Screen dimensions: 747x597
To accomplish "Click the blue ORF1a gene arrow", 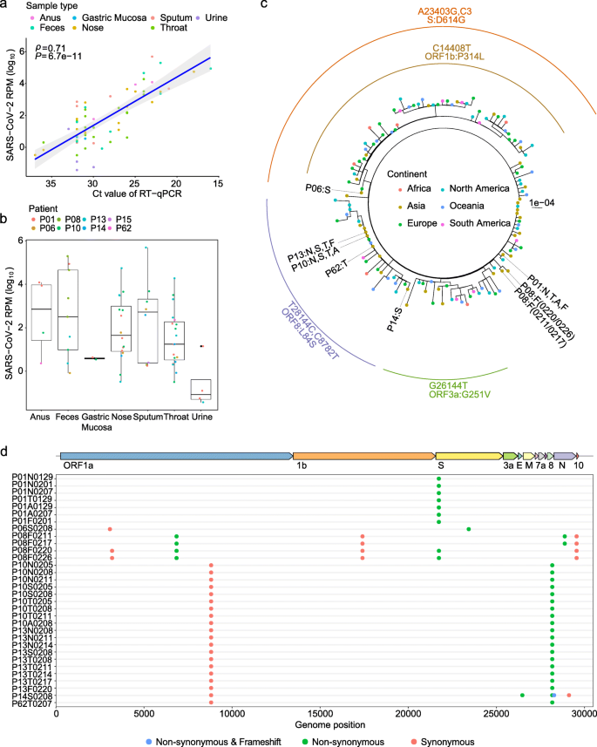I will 175,456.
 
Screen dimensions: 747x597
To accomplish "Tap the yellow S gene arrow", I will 467,456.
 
